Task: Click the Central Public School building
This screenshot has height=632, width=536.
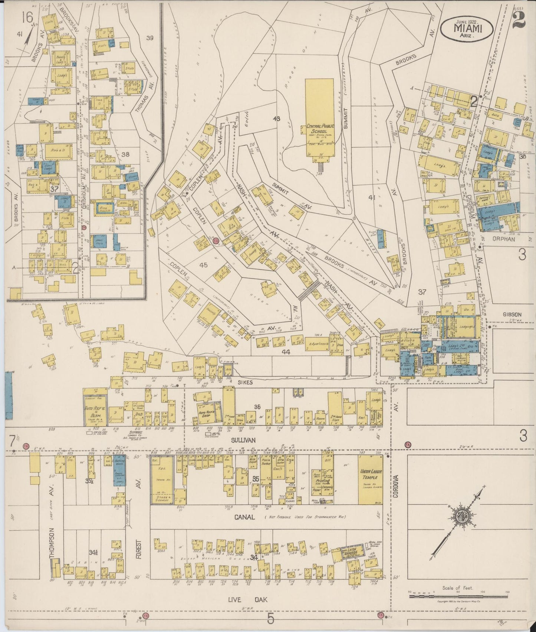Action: coord(319,118)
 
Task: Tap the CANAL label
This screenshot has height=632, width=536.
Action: coord(244,517)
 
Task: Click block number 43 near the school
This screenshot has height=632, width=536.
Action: coord(276,119)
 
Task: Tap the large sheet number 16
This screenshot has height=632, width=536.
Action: coord(27,17)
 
